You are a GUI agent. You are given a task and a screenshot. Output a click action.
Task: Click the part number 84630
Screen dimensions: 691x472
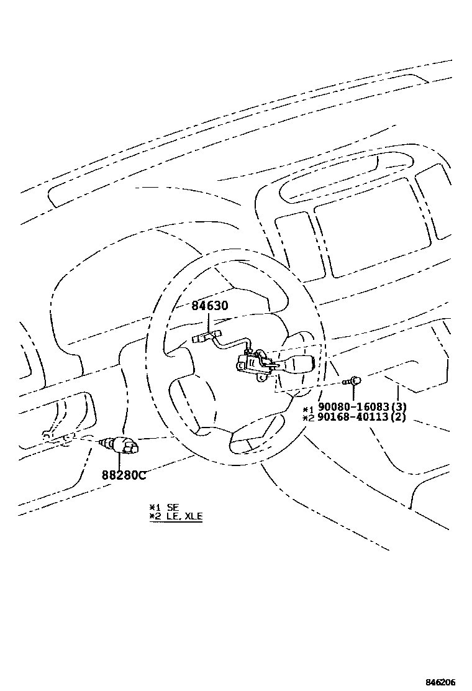(210, 306)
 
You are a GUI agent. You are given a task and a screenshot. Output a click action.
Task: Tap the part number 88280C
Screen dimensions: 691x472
(124, 475)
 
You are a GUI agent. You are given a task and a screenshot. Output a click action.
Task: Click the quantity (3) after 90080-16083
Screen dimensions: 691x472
(401, 408)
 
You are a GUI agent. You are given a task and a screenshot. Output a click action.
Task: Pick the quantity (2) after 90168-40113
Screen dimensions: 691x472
(401, 417)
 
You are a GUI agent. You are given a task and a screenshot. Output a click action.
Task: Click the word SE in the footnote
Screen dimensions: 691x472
(173, 507)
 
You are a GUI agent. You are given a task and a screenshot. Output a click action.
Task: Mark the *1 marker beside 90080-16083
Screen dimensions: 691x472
(309, 408)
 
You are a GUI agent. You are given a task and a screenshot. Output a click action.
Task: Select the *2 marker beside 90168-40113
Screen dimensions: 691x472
(309, 418)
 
